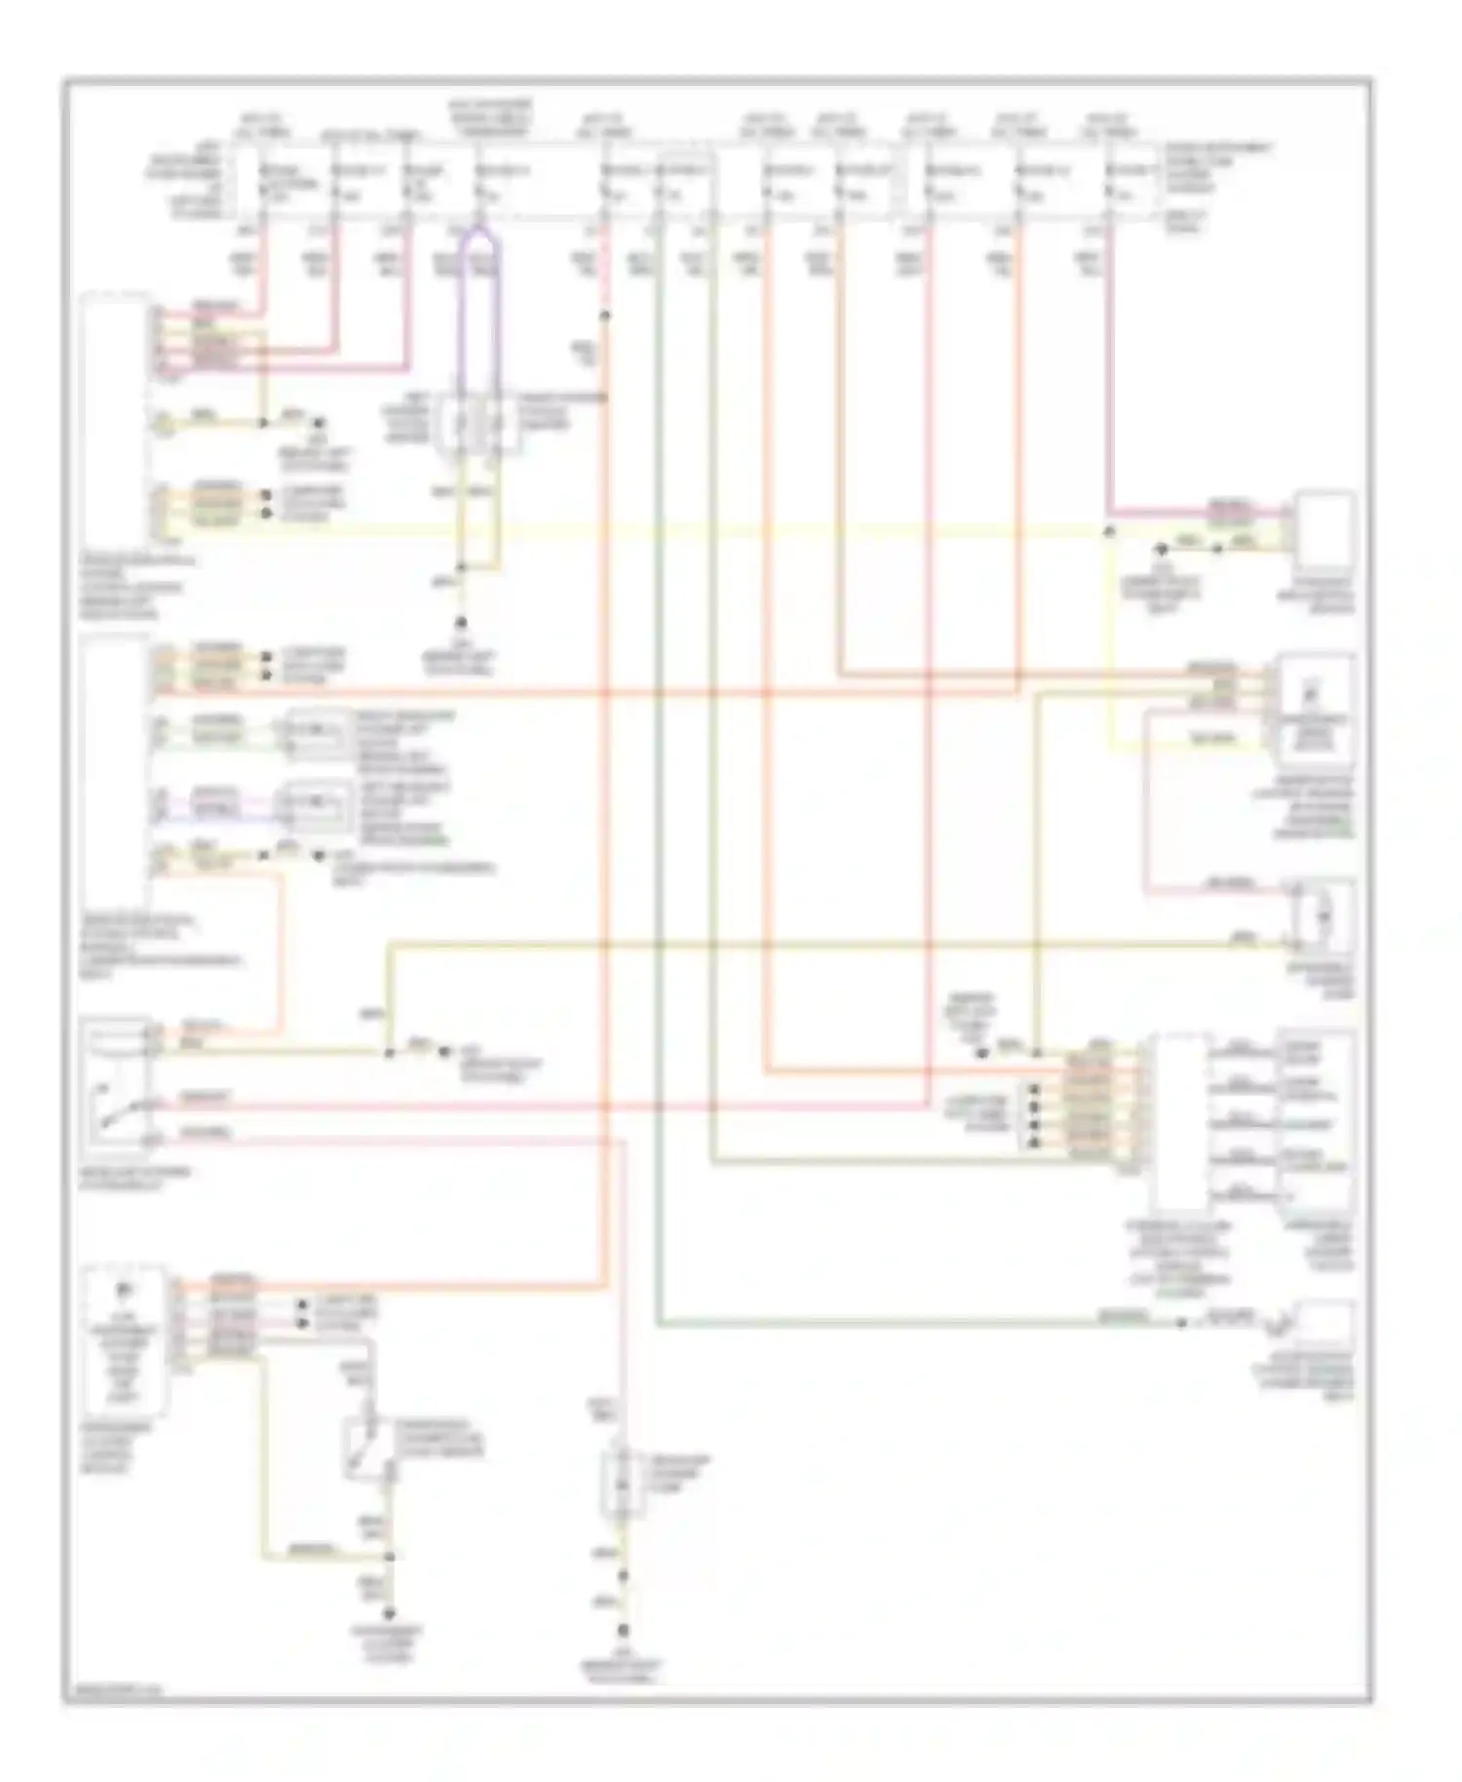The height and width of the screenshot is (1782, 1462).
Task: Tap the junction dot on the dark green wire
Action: click(1181, 1323)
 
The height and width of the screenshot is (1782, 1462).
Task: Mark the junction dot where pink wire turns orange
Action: click(605, 316)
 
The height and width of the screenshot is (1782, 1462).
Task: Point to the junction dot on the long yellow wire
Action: click(1108, 532)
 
